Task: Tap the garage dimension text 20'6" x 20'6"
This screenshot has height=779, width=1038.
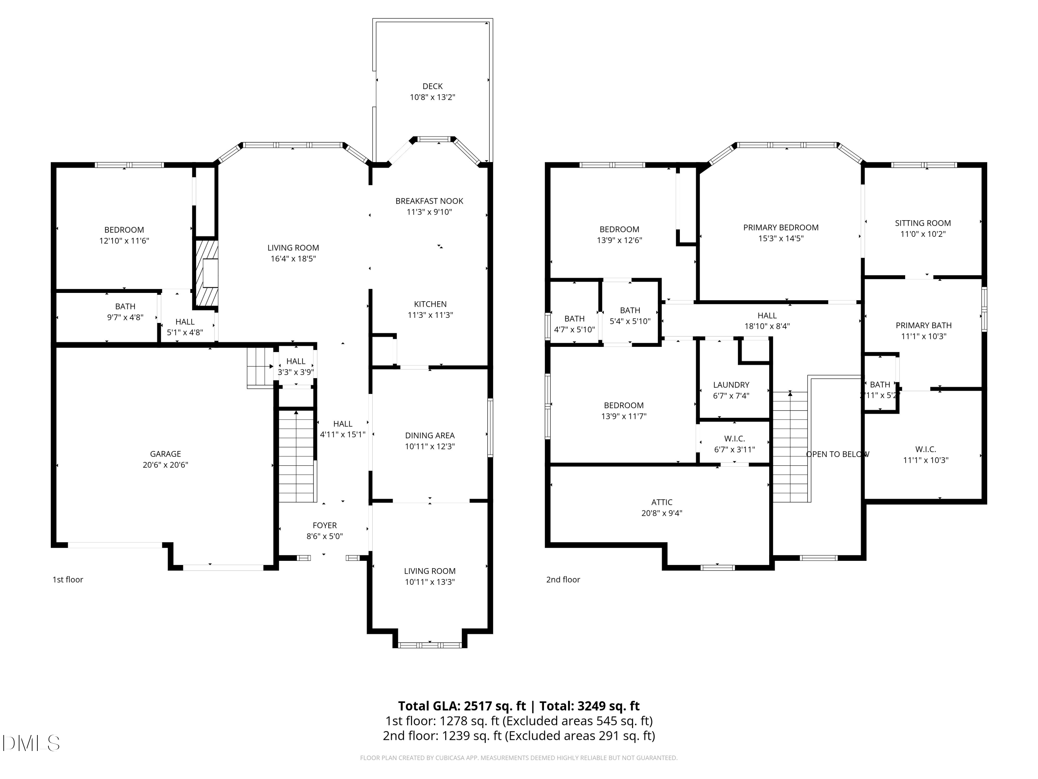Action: (165, 465)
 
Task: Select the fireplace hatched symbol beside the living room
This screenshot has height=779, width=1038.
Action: (207, 273)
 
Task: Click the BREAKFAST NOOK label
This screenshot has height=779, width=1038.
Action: (429, 201)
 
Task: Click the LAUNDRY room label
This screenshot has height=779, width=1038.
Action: (731, 385)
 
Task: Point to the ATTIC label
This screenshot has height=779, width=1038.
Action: (661, 502)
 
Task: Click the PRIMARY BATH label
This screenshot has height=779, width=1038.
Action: (923, 325)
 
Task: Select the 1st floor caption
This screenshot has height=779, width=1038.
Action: (67, 580)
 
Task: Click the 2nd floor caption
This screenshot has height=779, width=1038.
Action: (563, 580)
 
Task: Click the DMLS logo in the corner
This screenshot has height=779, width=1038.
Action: (31, 743)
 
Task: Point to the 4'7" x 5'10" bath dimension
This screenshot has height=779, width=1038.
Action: (574, 330)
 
